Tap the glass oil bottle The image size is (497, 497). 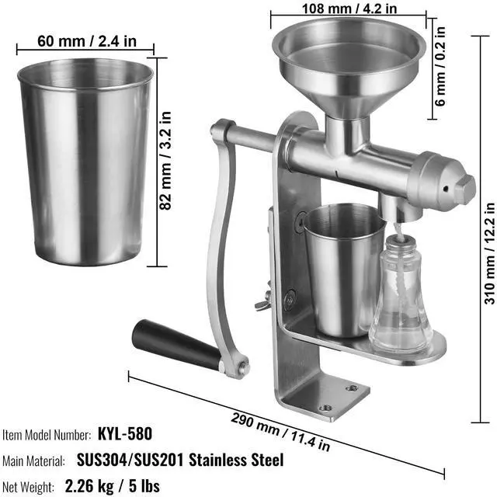[x=401, y=295]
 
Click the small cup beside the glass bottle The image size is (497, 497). [x=344, y=270]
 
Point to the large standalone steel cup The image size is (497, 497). [x=85, y=162]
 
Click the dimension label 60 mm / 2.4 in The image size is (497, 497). [x=87, y=41]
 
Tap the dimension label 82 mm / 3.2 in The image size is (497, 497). [x=165, y=161]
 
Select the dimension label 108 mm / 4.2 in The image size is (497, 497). [x=349, y=9]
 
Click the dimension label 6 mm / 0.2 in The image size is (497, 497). [x=440, y=66]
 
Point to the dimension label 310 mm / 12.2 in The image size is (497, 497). [x=489, y=253]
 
